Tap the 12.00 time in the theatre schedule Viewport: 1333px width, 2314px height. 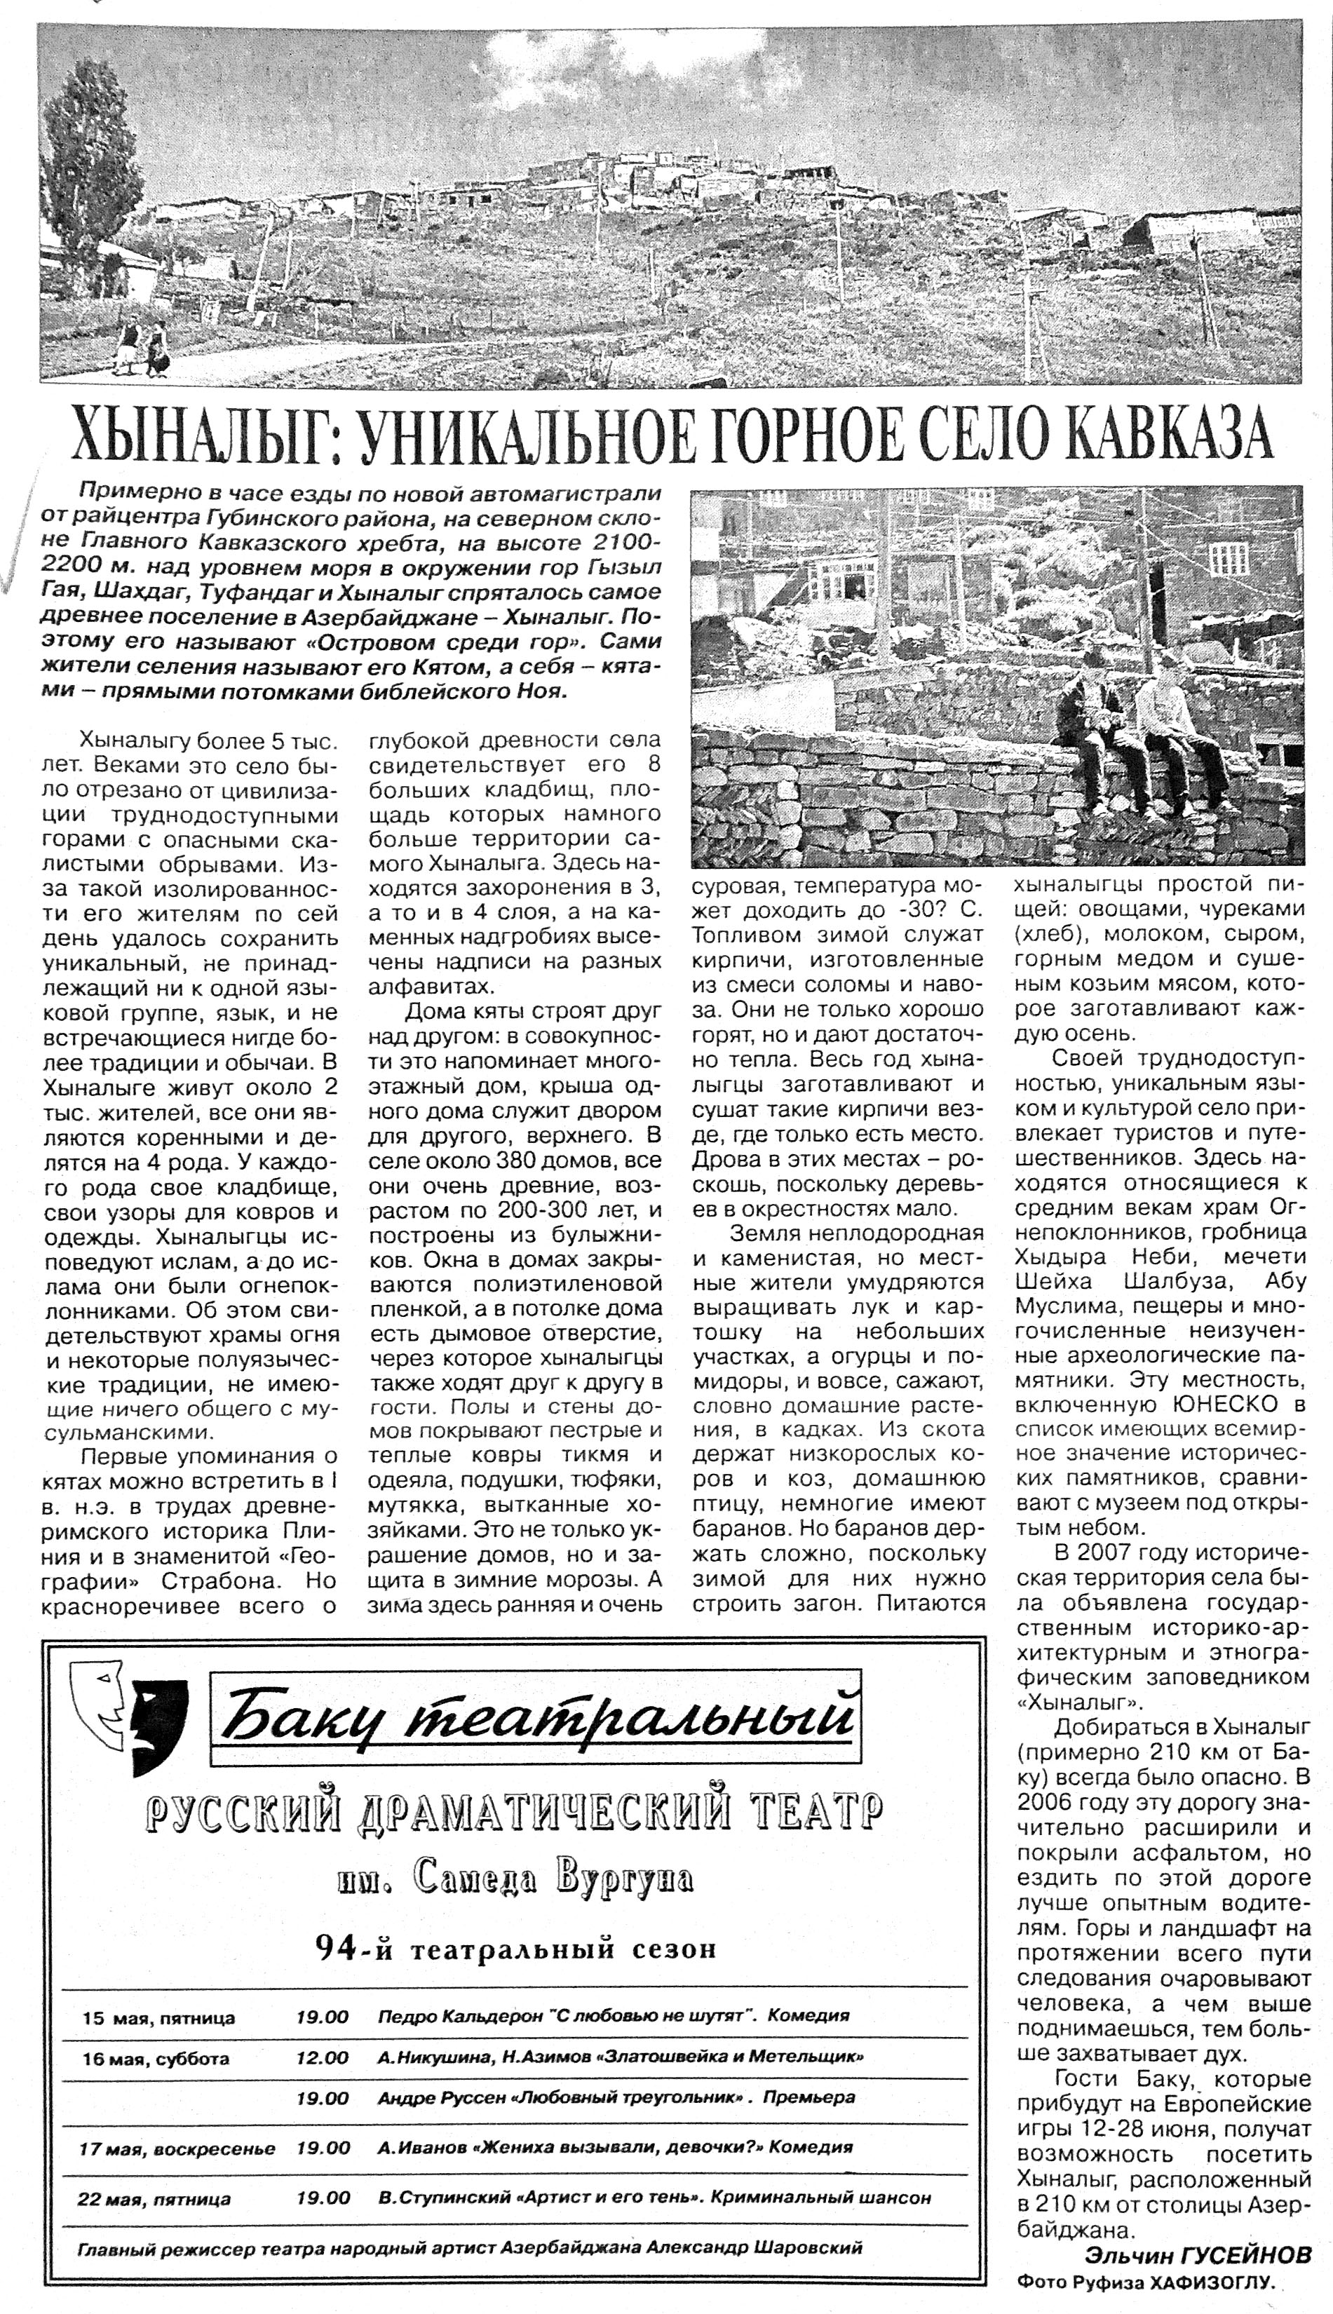click(x=323, y=2057)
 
